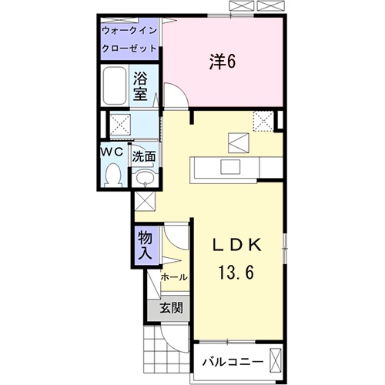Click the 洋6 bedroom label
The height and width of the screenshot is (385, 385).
point(221,62)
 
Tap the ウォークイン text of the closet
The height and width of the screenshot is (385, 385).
point(129,31)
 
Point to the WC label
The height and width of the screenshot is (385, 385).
point(112,152)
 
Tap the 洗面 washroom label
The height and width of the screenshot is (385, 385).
point(144,156)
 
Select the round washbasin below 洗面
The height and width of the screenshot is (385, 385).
point(145,179)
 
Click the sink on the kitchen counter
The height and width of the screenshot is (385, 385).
point(229,167)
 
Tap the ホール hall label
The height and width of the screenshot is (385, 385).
point(172,276)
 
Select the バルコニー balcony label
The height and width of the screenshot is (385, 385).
point(233,361)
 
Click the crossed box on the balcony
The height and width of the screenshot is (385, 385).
point(276,360)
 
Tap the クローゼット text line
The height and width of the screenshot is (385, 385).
point(129,48)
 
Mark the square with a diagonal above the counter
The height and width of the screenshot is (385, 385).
point(236,141)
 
